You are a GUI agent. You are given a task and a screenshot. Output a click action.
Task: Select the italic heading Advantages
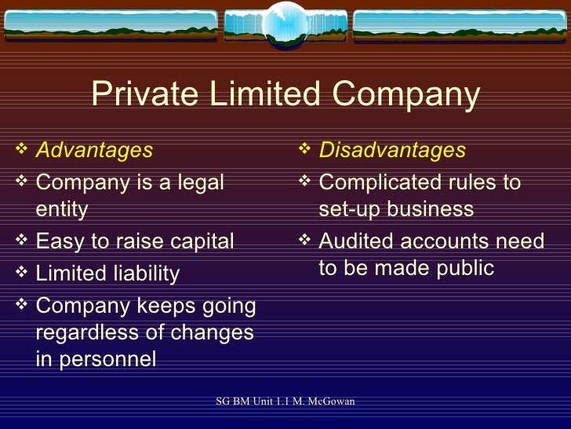[x=94, y=149]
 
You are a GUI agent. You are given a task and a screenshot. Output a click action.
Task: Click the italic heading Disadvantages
[x=392, y=149]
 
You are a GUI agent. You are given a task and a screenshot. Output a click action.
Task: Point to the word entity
[x=62, y=209]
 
